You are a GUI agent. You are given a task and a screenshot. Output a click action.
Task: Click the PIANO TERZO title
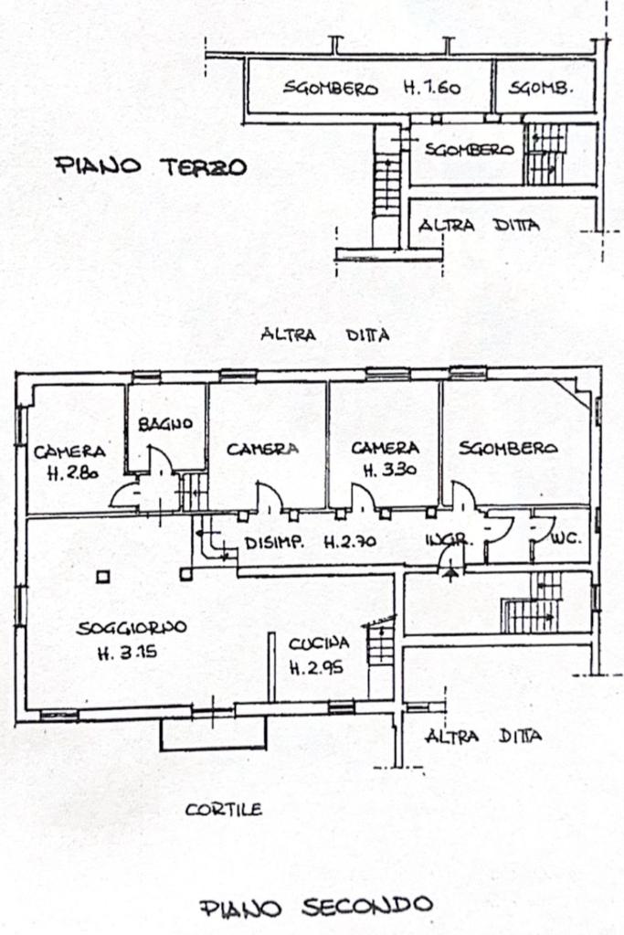[151, 166]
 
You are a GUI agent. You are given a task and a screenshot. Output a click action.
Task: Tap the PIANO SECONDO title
[315, 906]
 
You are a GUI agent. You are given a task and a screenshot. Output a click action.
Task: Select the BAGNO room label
[166, 424]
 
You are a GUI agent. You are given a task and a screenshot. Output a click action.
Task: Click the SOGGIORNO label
[132, 628]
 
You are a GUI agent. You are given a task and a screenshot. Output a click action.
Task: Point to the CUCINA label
[319, 642]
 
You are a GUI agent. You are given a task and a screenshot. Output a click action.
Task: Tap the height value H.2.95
[316, 667]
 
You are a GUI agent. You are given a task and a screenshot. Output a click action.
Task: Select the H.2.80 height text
[70, 473]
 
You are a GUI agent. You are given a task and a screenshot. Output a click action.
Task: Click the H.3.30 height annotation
[386, 472]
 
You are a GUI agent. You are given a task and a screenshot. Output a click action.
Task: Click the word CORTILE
[224, 809]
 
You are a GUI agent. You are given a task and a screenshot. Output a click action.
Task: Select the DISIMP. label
[275, 543]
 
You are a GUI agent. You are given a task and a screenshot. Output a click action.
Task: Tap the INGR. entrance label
[448, 540]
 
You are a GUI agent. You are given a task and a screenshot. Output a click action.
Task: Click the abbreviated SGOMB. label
[541, 89]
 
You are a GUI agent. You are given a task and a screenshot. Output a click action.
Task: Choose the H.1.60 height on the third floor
[434, 89]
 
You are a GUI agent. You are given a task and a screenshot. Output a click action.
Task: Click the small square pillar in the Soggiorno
[103, 576]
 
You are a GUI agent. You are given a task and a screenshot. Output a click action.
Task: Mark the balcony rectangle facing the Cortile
[214, 733]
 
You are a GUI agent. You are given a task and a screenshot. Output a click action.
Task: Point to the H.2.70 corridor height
[353, 543]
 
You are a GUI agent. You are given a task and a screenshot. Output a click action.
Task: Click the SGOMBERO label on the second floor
[508, 448]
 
